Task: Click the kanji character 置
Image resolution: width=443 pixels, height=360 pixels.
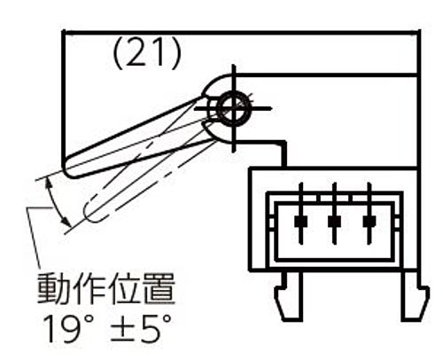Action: (159, 289)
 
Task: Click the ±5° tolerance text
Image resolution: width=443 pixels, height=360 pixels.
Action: (141, 328)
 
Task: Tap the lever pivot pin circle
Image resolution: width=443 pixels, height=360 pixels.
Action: (234, 108)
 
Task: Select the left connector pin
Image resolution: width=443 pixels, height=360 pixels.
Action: (301, 214)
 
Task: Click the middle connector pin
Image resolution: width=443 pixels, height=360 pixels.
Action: (335, 214)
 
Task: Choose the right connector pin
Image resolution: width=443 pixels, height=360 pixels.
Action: (369, 214)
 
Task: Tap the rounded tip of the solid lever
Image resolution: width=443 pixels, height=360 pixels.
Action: (68, 168)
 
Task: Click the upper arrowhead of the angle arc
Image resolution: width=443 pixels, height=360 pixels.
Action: (48, 184)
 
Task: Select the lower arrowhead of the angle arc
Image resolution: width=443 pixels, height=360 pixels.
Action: (66, 222)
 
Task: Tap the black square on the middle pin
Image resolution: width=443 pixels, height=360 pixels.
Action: (335, 222)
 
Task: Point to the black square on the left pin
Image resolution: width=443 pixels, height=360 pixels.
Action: (301, 222)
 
